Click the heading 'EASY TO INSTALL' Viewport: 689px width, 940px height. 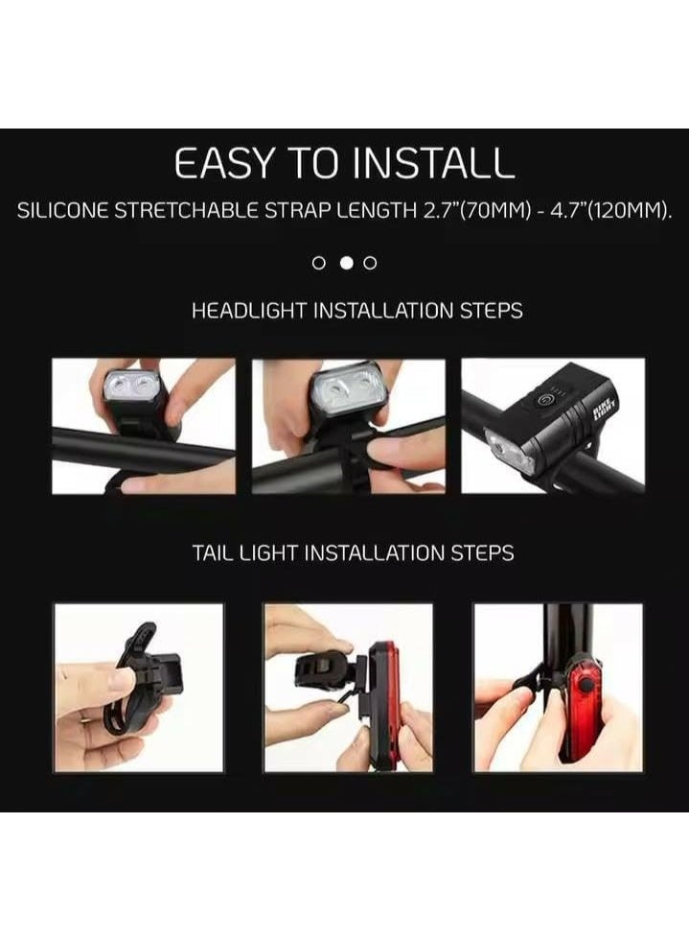coord(344,165)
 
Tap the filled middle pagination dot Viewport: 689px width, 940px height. coord(346,262)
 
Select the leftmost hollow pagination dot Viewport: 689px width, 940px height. coord(320,262)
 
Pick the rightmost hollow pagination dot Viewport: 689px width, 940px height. coord(371,262)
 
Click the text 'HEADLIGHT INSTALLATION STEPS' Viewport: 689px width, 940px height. coord(356,312)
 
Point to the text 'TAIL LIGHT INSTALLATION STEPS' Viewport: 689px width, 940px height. coord(352,553)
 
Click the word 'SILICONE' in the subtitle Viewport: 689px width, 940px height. coord(63,211)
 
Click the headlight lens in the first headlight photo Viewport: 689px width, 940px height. coord(128,386)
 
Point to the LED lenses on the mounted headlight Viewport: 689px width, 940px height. coord(510,452)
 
